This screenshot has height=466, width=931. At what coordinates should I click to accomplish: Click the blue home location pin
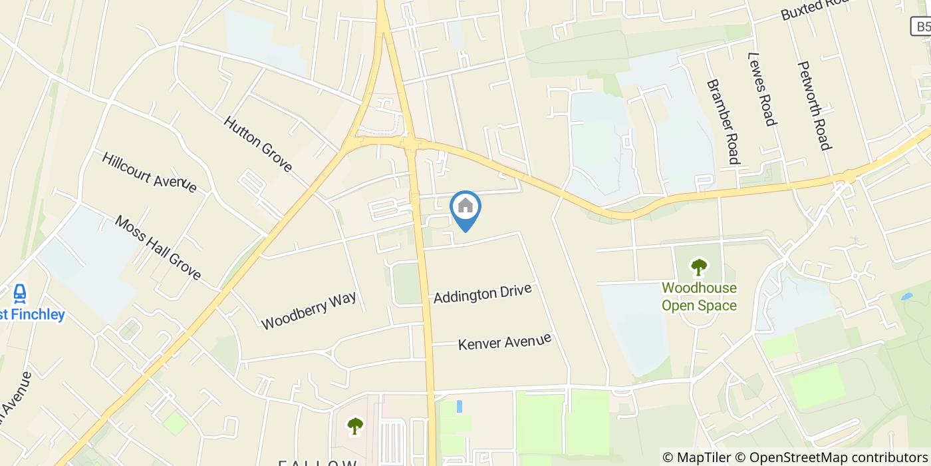[465, 208]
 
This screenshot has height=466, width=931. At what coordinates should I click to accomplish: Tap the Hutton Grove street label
[257, 144]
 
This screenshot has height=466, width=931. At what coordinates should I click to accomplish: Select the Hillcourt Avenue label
[149, 172]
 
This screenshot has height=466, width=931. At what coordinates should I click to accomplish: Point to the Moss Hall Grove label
[158, 247]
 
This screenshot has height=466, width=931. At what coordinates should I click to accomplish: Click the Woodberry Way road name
[309, 310]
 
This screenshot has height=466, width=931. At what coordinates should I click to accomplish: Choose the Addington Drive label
[482, 293]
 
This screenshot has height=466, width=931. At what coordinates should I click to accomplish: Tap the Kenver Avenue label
[505, 342]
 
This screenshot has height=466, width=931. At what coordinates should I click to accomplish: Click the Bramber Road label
[723, 122]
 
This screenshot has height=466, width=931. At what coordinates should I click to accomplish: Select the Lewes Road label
[762, 89]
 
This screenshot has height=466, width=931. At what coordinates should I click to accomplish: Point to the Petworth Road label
[814, 106]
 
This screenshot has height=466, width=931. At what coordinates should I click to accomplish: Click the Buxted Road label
[815, 9]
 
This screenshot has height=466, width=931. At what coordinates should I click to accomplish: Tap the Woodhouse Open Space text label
[698, 297]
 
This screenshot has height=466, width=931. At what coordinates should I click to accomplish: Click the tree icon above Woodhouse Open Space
[698, 268]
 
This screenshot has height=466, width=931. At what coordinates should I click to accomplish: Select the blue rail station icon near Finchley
[20, 293]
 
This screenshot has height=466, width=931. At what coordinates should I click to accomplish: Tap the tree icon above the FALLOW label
[355, 424]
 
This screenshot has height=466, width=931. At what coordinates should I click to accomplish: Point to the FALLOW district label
[318, 462]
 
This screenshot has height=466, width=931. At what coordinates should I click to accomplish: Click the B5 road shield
[921, 26]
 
